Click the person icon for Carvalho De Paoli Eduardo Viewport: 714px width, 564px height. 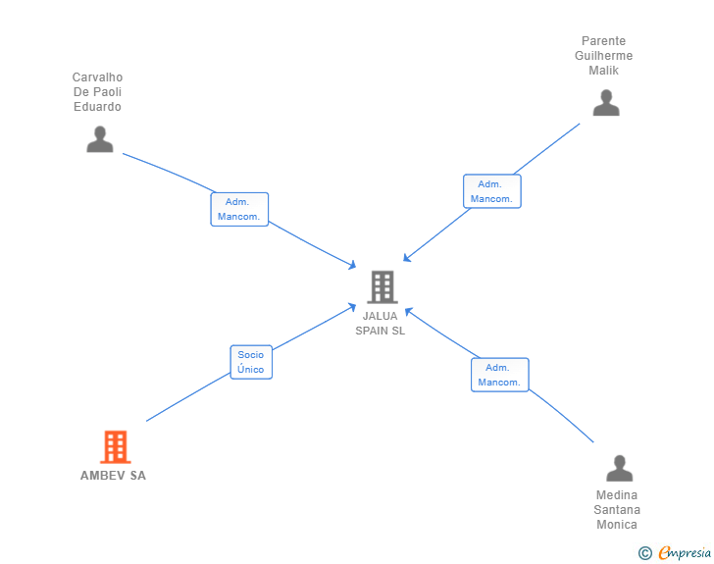pyautogui.click(x=100, y=139)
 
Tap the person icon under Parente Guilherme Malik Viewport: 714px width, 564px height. pyautogui.click(x=606, y=103)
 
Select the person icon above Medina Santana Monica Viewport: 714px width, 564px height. pyautogui.click(x=619, y=468)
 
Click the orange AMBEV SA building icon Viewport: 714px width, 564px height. pyautogui.click(x=115, y=447)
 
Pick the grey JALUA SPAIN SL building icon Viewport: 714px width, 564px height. pyautogui.click(x=382, y=286)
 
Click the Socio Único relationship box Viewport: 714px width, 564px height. pyautogui.click(x=250, y=362)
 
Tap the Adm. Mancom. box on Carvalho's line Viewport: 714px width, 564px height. pyautogui.click(x=239, y=209)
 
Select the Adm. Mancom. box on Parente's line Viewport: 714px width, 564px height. pyautogui.click(x=491, y=191)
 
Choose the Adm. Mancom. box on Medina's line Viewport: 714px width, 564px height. pyautogui.click(x=499, y=375)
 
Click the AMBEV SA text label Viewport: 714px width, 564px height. pyautogui.click(x=113, y=476)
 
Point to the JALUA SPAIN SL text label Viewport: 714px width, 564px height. pyautogui.click(x=381, y=323)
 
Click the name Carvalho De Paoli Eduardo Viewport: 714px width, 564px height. pyautogui.click(x=98, y=91)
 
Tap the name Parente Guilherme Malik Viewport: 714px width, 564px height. pyautogui.click(x=604, y=56)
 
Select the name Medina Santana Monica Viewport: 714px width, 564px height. pyautogui.click(x=617, y=509)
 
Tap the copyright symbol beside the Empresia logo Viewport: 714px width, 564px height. pyautogui.click(x=644, y=553)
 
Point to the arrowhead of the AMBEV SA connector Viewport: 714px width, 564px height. pyautogui.click(x=353, y=306)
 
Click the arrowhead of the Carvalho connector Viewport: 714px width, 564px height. pyautogui.click(x=353, y=265)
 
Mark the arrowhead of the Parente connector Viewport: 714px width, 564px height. pyautogui.click(x=406, y=259)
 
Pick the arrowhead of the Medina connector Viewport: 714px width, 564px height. pyautogui.click(x=408, y=311)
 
